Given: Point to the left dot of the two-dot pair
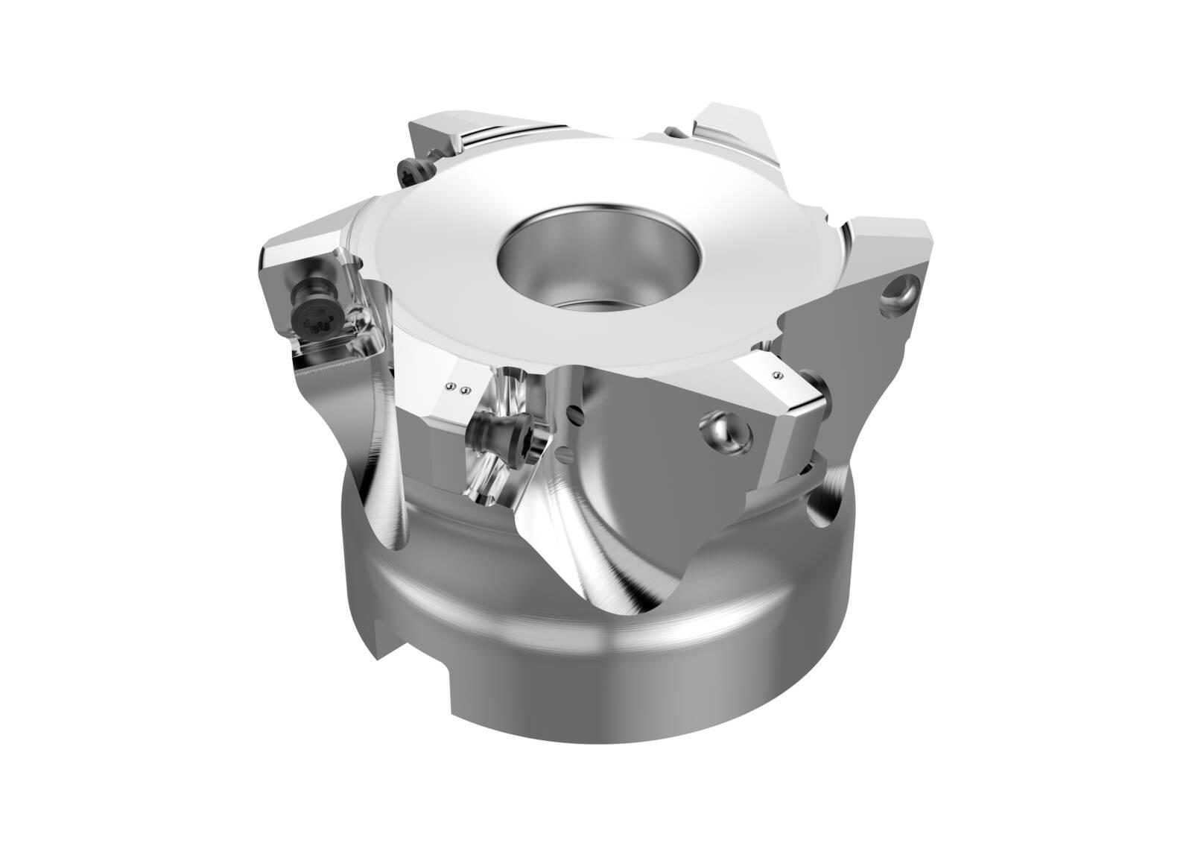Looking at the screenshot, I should click(x=450, y=386).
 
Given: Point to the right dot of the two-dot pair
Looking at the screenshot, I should click(x=466, y=390).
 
